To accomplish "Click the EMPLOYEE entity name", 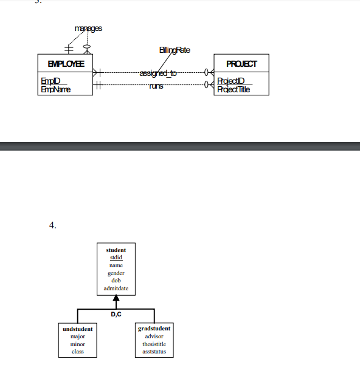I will [66, 63].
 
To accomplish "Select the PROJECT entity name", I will [241, 63].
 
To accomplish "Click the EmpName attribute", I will [55, 89].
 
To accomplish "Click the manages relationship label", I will [88, 28].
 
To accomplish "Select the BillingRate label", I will [175, 50].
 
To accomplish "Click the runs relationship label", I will [156, 86].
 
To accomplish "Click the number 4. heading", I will [53, 225].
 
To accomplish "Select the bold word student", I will [116, 250].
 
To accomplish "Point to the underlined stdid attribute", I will [116, 258].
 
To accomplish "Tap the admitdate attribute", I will [116, 288].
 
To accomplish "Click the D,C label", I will [116, 314].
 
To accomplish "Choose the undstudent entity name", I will [78, 329].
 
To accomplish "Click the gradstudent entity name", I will [154, 329].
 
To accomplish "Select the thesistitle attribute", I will [154, 344].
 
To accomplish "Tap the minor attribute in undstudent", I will [78, 344].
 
